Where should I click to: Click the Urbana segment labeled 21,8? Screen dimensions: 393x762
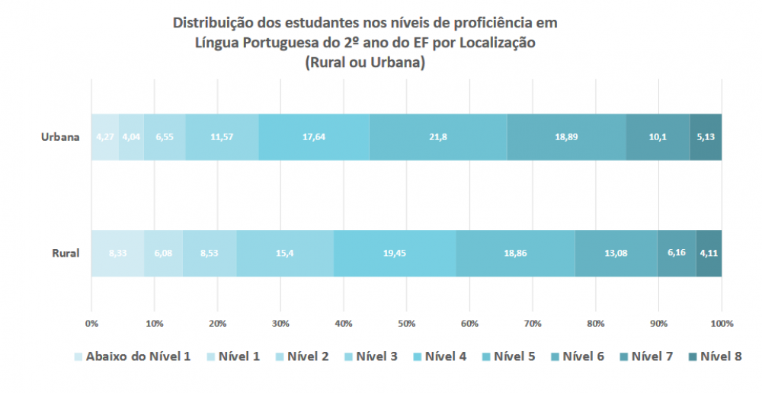tap(438, 138)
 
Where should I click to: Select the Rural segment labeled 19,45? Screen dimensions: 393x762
tap(395, 253)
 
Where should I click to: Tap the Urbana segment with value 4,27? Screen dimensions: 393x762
tap(105, 138)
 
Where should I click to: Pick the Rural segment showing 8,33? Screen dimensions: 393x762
tap(117, 253)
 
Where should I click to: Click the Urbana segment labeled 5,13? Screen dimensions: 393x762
tap(706, 138)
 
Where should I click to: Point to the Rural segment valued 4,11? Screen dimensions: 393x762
tap(709, 253)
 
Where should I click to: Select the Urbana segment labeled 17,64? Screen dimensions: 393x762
tap(314, 138)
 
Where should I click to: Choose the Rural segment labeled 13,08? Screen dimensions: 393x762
tap(616, 253)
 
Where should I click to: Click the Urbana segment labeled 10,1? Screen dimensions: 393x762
tap(658, 138)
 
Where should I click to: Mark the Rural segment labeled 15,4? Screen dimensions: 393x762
tap(285, 253)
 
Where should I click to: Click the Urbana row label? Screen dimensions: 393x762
tap(61, 138)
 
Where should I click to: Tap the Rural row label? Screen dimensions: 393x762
tap(66, 253)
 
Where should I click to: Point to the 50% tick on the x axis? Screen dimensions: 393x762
tap(406, 324)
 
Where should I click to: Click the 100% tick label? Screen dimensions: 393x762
tap(721, 324)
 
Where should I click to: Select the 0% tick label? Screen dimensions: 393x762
tap(91, 324)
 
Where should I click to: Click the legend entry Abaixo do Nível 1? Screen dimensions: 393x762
tap(137, 356)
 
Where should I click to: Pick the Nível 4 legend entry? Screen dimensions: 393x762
tap(445, 356)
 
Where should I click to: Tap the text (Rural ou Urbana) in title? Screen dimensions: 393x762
tap(364, 62)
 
